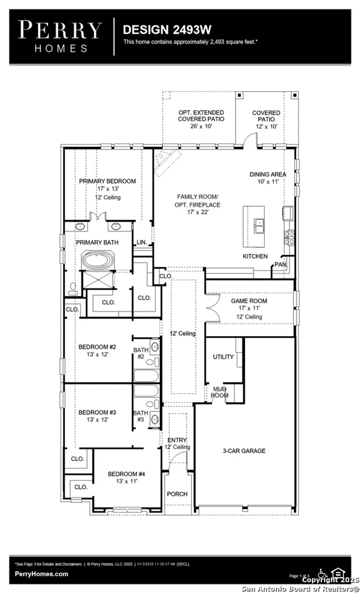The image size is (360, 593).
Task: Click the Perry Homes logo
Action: click(x=60, y=37)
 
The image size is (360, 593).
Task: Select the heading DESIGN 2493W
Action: click(x=167, y=30)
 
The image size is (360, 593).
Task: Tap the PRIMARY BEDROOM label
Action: click(x=107, y=181)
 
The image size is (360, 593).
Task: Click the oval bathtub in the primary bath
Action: click(x=98, y=261)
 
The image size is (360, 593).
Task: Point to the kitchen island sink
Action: click(x=259, y=227)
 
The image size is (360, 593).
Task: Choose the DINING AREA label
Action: click(x=268, y=174)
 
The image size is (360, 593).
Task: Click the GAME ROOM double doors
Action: click(x=213, y=308)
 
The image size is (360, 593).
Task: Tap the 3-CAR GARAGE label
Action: click(x=244, y=451)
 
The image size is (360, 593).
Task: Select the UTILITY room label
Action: click(x=223, y=357)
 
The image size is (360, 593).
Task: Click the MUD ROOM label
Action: click(x=219, y=392)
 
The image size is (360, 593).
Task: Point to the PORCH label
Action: click(x=177, y=494)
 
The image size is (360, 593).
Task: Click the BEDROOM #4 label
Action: click(x=126, y=474)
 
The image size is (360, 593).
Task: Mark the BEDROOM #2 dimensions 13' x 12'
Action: click(x=97, y=355)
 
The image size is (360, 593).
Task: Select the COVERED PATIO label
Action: click(x=266, y=116)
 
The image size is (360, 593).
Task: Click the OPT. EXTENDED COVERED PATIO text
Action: click(x=201, y=116)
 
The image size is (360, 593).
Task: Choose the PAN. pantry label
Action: click(x=280, y=264)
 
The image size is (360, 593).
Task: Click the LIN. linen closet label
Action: click(x=141, y=242)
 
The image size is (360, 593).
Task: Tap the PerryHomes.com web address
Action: click(x=41, y=574)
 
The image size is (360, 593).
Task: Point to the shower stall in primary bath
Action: click(x=96, y=280)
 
